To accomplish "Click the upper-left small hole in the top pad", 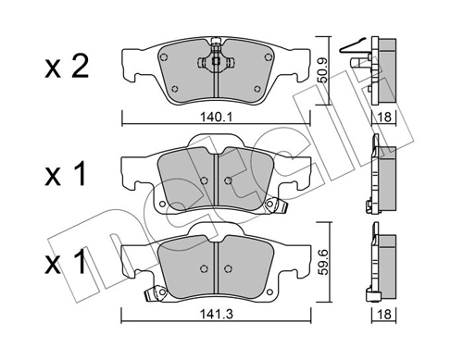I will [x=172, y=55].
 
